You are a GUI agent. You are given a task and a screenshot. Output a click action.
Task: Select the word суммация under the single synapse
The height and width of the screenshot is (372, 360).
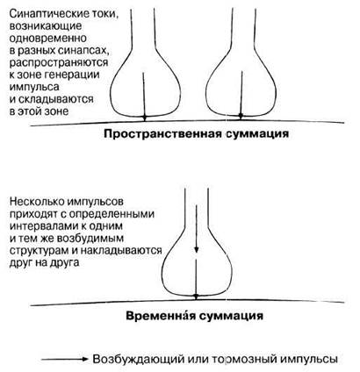tap(231, 316)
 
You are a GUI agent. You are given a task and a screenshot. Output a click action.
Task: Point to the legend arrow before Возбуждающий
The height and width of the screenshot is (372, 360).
tap(64, 359)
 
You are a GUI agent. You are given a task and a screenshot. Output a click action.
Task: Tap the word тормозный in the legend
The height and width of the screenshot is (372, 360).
tap(243, 359)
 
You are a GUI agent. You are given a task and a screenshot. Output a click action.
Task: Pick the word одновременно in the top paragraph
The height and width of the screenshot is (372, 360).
tap(48, 39)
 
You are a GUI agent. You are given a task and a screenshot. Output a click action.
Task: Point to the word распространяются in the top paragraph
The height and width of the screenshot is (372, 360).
tap(59, 63)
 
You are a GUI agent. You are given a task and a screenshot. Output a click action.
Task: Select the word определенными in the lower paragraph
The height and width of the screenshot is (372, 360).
tap(114, 214)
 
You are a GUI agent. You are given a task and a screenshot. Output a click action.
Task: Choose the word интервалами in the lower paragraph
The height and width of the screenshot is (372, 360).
tap(44, 226)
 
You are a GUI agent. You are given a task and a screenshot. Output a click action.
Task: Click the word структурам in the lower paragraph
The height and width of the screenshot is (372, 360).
tap(41, 251)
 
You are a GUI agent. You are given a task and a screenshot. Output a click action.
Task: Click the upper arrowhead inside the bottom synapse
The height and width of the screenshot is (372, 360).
tap(197, 249)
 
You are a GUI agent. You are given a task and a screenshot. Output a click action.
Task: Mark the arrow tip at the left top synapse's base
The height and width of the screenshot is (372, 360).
tap(144, 118)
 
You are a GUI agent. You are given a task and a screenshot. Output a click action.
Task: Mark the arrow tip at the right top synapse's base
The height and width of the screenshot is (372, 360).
tap(241, 116)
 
